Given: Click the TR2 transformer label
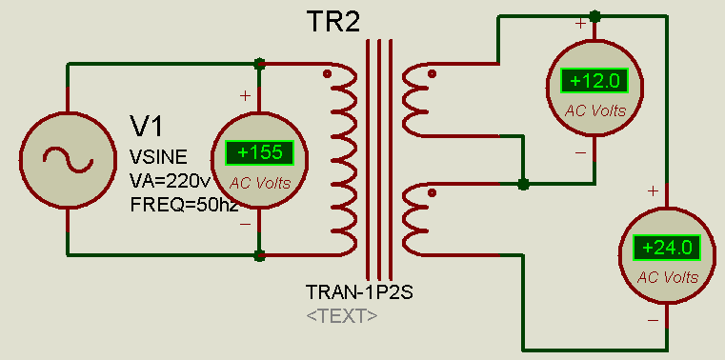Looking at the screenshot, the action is click(x=332, y=21).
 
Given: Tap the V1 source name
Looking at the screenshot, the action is click(x=147, y=126).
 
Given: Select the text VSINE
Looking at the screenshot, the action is click(x=158, y=157).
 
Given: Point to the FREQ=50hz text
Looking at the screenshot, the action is click(x=185, y=204).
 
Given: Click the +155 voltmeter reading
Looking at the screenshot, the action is click(x=259, y=152).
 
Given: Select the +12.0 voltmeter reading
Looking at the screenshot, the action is click(x=594, y=81).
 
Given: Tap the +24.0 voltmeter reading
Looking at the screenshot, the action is click(x=667, y=248).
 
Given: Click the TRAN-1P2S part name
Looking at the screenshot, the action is click(x=360, y=292).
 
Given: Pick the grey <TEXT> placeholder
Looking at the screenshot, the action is click(x=342, y=316).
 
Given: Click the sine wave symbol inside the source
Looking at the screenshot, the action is click(x=68, y=159).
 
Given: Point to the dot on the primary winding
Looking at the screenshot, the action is click(x=328, y=73).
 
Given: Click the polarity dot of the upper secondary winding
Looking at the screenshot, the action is click(x=432, y=73).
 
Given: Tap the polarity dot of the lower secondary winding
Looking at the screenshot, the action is click(x=432, y=192).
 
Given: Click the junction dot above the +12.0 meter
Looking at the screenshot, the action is click(x=595, y=16).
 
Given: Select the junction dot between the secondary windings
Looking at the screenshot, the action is click(x=523, y=184).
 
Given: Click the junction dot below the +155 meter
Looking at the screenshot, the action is click(x=259, y=255).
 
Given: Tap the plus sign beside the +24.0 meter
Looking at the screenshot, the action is click(x=653, y=190).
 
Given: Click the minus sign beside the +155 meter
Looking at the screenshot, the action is click(x=245, y=224).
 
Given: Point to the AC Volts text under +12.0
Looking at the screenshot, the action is click(x=595, y=110).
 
